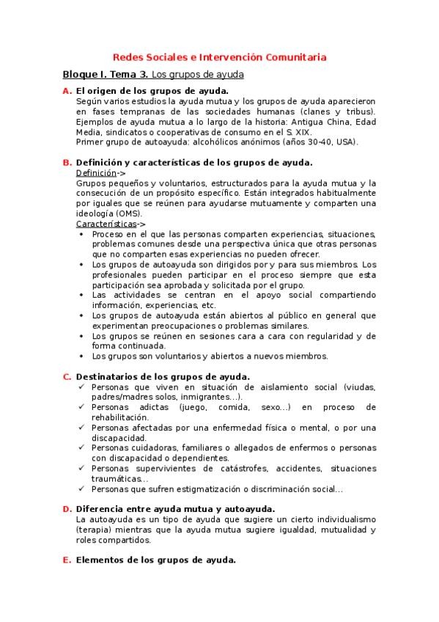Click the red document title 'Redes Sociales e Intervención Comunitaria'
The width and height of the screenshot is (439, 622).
pos(220,56)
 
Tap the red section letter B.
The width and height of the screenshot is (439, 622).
pos(67,162)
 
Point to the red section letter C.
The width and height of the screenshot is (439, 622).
pos(67,377)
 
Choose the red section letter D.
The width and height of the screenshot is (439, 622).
pos(67,508)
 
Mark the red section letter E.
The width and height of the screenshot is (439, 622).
pos(67,560)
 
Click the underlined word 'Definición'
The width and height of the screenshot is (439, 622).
pos(95,172)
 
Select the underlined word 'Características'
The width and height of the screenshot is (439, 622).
pos(106,223)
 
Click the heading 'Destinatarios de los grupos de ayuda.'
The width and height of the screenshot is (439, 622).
pos(163,377)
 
